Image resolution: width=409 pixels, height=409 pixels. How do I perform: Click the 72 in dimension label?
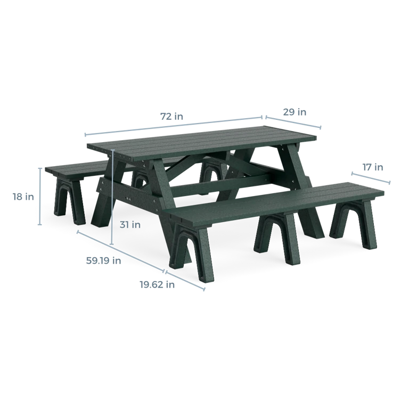pos(171,116)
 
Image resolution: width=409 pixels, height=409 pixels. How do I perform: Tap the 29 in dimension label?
pos(295,112)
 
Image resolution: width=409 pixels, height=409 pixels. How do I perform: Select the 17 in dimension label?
pos(373,167)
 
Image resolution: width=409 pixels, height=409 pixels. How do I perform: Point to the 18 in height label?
pos(23,197)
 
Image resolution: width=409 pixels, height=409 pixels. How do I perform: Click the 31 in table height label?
pos(130,225)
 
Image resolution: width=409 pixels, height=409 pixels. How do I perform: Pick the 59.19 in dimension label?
pos(103,260)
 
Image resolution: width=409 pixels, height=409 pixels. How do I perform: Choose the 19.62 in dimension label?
pos(157,284)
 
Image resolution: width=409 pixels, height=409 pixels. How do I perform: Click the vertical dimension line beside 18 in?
pos(40,197)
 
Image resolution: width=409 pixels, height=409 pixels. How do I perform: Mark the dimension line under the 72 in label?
pos(174,126)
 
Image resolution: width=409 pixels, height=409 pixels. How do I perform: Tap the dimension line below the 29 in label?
pos(293,122)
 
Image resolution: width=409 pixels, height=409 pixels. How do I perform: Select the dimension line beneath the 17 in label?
pos(371,178)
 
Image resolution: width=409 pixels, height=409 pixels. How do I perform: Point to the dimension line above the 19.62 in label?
pos(185,280)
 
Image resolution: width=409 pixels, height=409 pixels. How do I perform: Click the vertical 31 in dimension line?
pos(112,197)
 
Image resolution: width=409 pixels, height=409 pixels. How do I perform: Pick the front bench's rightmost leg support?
pos(354,224)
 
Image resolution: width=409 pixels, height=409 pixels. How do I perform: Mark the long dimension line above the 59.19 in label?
pos(120,251)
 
